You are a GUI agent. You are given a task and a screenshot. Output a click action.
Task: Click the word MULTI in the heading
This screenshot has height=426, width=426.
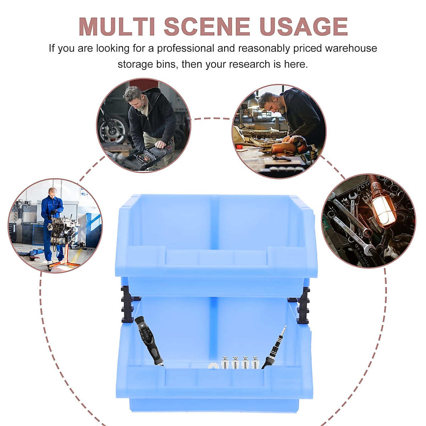[x=117, y=27]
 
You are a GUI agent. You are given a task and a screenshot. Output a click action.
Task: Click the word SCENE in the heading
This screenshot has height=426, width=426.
[x=207, y=27]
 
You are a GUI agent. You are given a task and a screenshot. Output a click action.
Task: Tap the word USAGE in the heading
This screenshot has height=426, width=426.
[x=304, y=27]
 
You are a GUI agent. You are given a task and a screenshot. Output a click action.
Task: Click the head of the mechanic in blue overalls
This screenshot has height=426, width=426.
[x=53, y=193]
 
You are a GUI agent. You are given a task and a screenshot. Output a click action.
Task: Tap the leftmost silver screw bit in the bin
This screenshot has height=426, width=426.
[x=225, y=363]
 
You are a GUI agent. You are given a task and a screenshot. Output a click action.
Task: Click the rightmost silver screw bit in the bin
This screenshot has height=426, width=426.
[x=255, y=363]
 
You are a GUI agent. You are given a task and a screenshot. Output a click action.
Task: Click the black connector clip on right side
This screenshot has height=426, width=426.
[x=303, y=305]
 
